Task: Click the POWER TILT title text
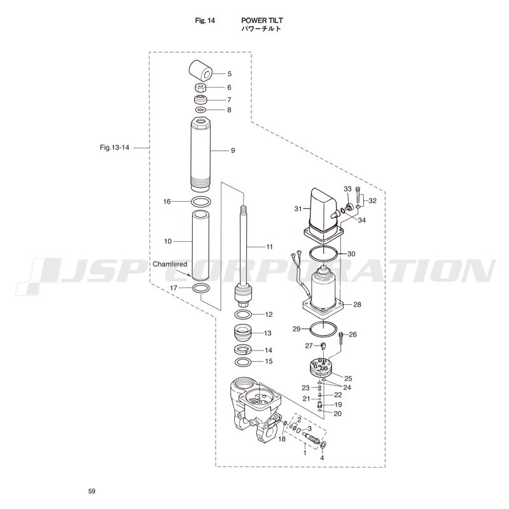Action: tap(262, 20)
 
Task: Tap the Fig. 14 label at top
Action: tap(205, 21)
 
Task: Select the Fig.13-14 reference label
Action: tap(115, 148)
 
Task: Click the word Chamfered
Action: tap(170, 264)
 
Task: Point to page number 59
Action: tap(92, 491)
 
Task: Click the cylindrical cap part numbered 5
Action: tap(200, 71)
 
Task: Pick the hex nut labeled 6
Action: tap(200, 88)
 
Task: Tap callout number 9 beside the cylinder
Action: tap(233, 151)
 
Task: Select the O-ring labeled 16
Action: tap(200, 202)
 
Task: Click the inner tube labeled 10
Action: tap(200, 246)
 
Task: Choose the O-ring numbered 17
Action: tap(200, 288)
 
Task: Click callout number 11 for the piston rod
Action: tap(269, 247)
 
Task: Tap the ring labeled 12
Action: tap(243, 314)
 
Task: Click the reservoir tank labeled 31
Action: tap(323, 215)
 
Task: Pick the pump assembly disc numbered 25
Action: tap(320, 367)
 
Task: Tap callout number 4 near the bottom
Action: tap(322, 458)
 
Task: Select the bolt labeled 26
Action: tap(341, 340)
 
